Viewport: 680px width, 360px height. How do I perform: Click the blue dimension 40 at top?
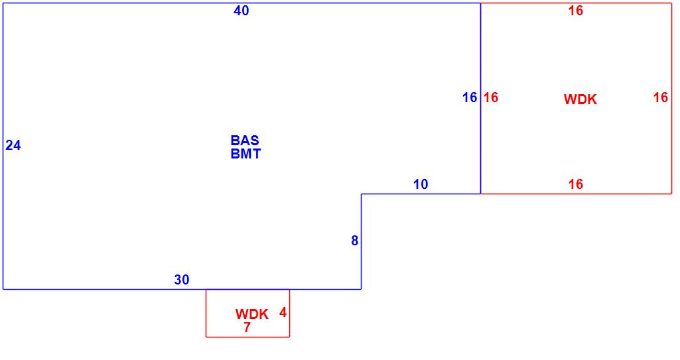coord(241,11)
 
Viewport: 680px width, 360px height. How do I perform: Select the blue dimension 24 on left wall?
coord(13,145)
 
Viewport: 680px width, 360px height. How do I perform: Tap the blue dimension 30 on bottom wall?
coord(182,280)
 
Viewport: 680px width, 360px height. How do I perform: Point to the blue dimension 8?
coord(355,241)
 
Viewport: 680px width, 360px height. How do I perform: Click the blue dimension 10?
coord(421,184)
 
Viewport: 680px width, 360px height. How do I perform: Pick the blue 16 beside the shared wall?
coord(470,97)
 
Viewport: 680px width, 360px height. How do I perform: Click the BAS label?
coord(245,141)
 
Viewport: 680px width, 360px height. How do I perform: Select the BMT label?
coord(245,154)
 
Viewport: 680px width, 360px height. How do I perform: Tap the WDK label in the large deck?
coord(580,99)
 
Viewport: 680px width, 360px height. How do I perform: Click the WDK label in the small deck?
coord(252,314)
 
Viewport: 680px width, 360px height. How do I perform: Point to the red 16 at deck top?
coord(576,11)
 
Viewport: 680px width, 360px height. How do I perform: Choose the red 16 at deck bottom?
coord(576,184)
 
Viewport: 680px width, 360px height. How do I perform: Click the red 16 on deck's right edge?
coord(661,97)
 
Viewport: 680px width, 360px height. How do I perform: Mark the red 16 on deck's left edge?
coord(491,97)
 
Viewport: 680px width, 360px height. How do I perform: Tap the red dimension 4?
coord(283,312)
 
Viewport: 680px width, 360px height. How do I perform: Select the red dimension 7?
coord(247,328)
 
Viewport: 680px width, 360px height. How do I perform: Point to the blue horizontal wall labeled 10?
coord(398,194)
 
